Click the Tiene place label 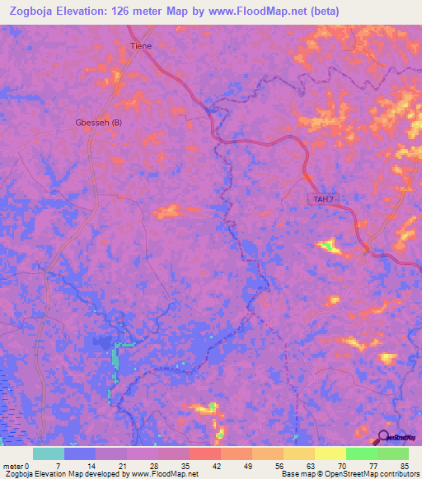point(141,46)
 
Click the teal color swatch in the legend point(49,453)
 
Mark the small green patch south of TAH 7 point(328,244)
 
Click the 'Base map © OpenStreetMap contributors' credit point(349,473)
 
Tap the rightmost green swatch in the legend point(393,453)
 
